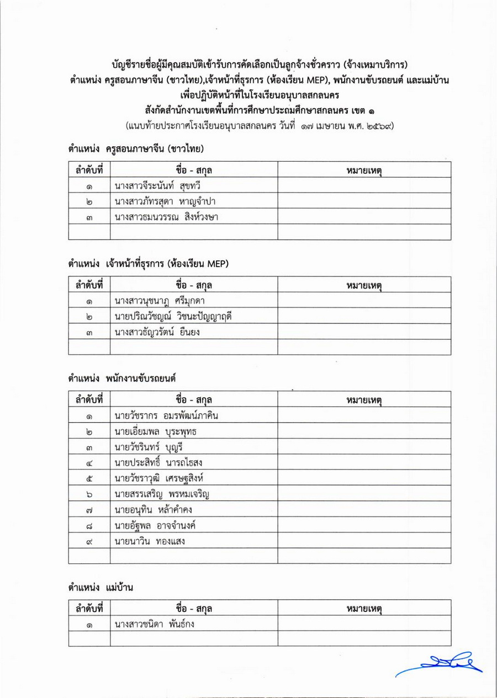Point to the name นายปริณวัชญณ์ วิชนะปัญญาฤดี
pos(172,316)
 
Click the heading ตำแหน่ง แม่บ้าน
pos(101,588)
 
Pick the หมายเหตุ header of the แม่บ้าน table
pos(364,608)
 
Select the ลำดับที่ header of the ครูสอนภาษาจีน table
pos(89,170)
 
